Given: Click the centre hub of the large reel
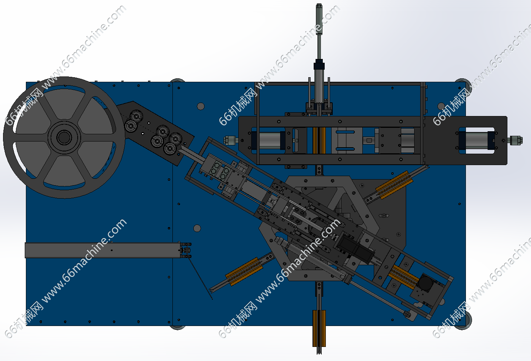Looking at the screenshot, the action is [x=64, y=137].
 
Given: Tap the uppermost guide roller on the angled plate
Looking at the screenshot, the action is [x=137, y=116].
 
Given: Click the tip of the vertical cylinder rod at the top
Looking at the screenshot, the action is [x=319, y=5].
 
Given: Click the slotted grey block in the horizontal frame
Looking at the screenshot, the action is [x=346, y=140].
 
